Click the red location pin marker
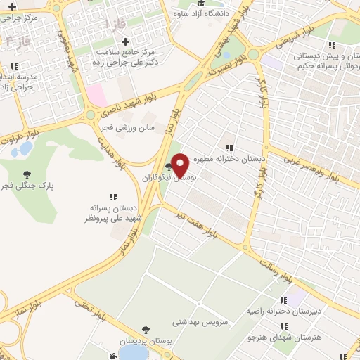coord(180,165)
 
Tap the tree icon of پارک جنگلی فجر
coord(27,174)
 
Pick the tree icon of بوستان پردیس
coord(145,329)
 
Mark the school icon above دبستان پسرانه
coord(113,197)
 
